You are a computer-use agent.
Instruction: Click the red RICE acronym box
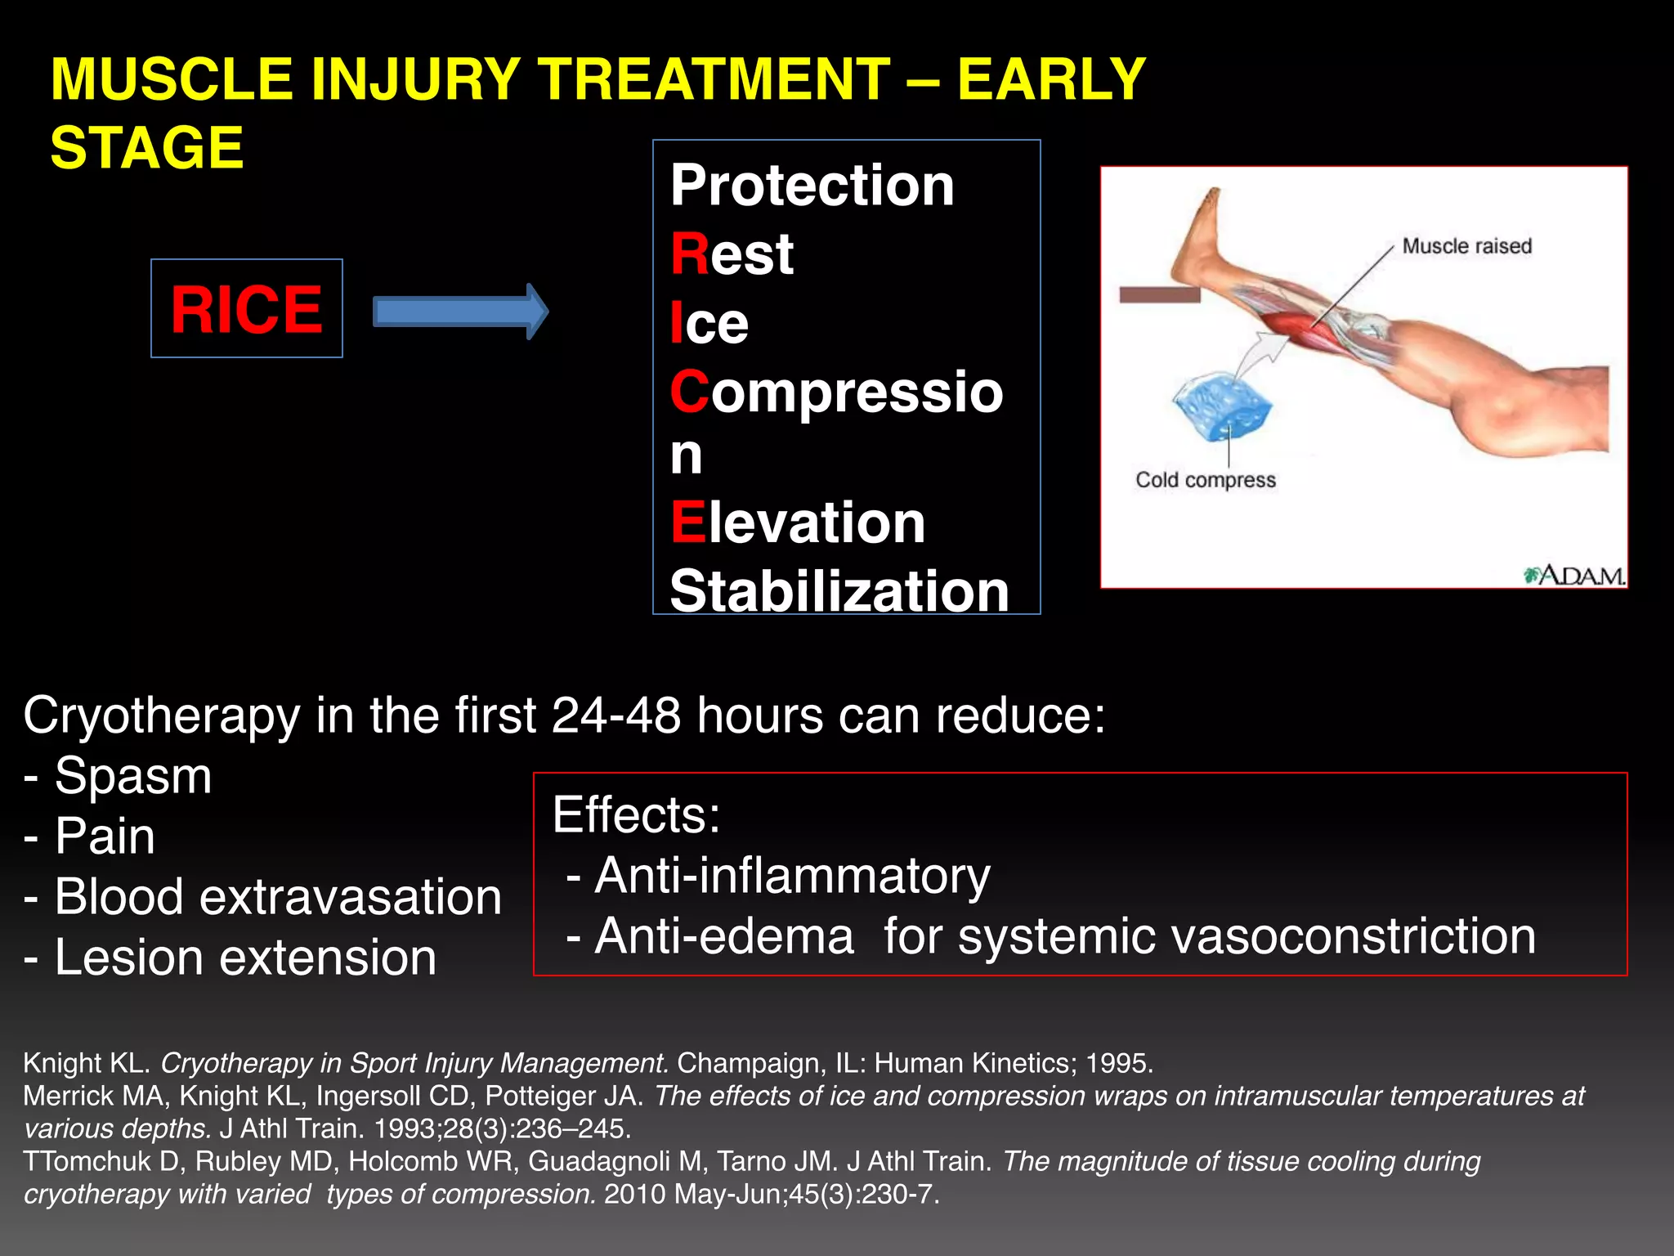[246, 309]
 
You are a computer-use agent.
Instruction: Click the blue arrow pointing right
[459, 312]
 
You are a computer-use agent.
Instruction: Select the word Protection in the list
[812, 186]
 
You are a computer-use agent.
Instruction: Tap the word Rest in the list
[732, 254]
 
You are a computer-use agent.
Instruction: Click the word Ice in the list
[709, 323]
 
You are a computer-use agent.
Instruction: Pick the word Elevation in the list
[797, 523]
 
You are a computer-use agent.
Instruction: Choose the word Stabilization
[839, 590]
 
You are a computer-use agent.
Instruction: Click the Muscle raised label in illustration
[1466, 246]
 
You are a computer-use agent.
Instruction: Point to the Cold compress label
[1205, 480]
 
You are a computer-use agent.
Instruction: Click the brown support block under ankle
[1159, 295]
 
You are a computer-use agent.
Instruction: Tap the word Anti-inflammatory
[791, 876]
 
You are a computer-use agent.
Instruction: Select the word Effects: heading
[636, 815]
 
